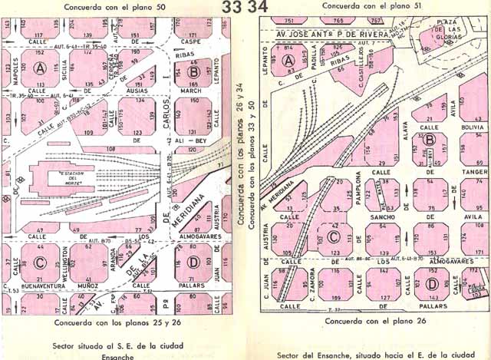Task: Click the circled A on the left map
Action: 37,67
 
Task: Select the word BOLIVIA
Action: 468,127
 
